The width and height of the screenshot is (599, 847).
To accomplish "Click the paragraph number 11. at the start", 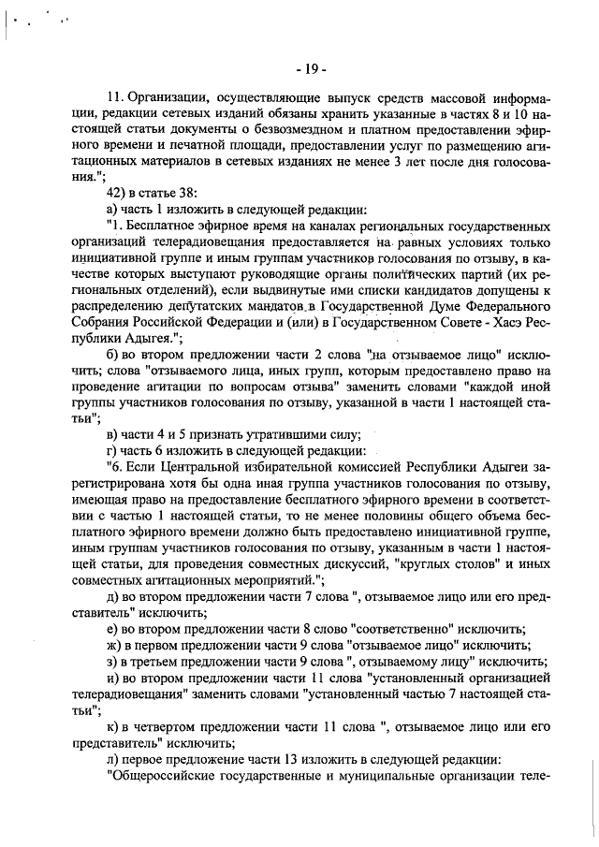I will [x=116, y=96].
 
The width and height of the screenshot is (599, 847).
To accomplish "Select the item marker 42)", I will [x=120, y=192].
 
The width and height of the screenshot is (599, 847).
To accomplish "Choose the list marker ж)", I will [x=116, y=646].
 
